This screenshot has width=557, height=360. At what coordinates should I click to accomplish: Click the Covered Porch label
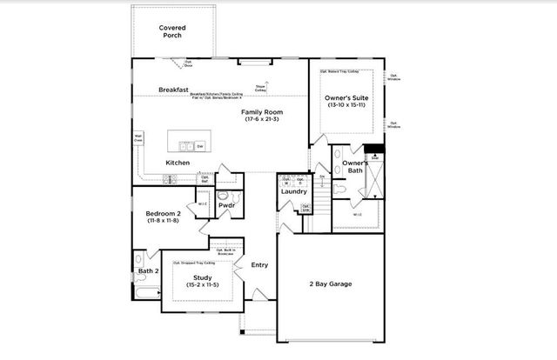171,33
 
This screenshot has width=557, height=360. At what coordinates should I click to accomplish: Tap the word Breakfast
174,90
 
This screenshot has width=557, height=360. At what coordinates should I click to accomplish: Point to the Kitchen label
178,163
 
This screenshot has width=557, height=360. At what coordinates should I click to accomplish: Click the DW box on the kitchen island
199,146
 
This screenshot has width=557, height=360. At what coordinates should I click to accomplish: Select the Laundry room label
294,191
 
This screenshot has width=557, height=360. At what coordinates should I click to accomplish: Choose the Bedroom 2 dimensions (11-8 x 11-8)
162,221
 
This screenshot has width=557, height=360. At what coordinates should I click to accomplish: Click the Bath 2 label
149,271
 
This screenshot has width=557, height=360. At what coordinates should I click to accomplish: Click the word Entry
259,265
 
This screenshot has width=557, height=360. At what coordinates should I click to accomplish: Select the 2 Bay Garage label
330,283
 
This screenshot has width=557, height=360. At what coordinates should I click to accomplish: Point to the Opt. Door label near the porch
187,63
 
